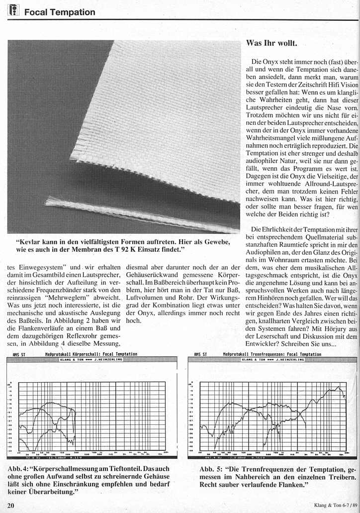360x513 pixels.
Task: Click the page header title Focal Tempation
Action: pyautogui.click(x=59, y=12)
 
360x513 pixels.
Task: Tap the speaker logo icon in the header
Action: pyautogui.click(x=13, y=10)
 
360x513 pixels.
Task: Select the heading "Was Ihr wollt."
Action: pyautogui.click(x=271, y=43)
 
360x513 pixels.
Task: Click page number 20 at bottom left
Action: pyautogui.click(x=11, y=506)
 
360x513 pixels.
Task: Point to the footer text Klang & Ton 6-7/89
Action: pyautogui.click(x=336, y=506)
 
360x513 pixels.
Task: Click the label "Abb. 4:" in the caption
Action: pyautogui.click(x=19, y=469)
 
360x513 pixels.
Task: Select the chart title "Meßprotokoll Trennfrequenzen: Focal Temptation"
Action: pyautogui.click(x=272, y=354)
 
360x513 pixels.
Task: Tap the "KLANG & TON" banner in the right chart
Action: pyautogui.click(x=272, y=359)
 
